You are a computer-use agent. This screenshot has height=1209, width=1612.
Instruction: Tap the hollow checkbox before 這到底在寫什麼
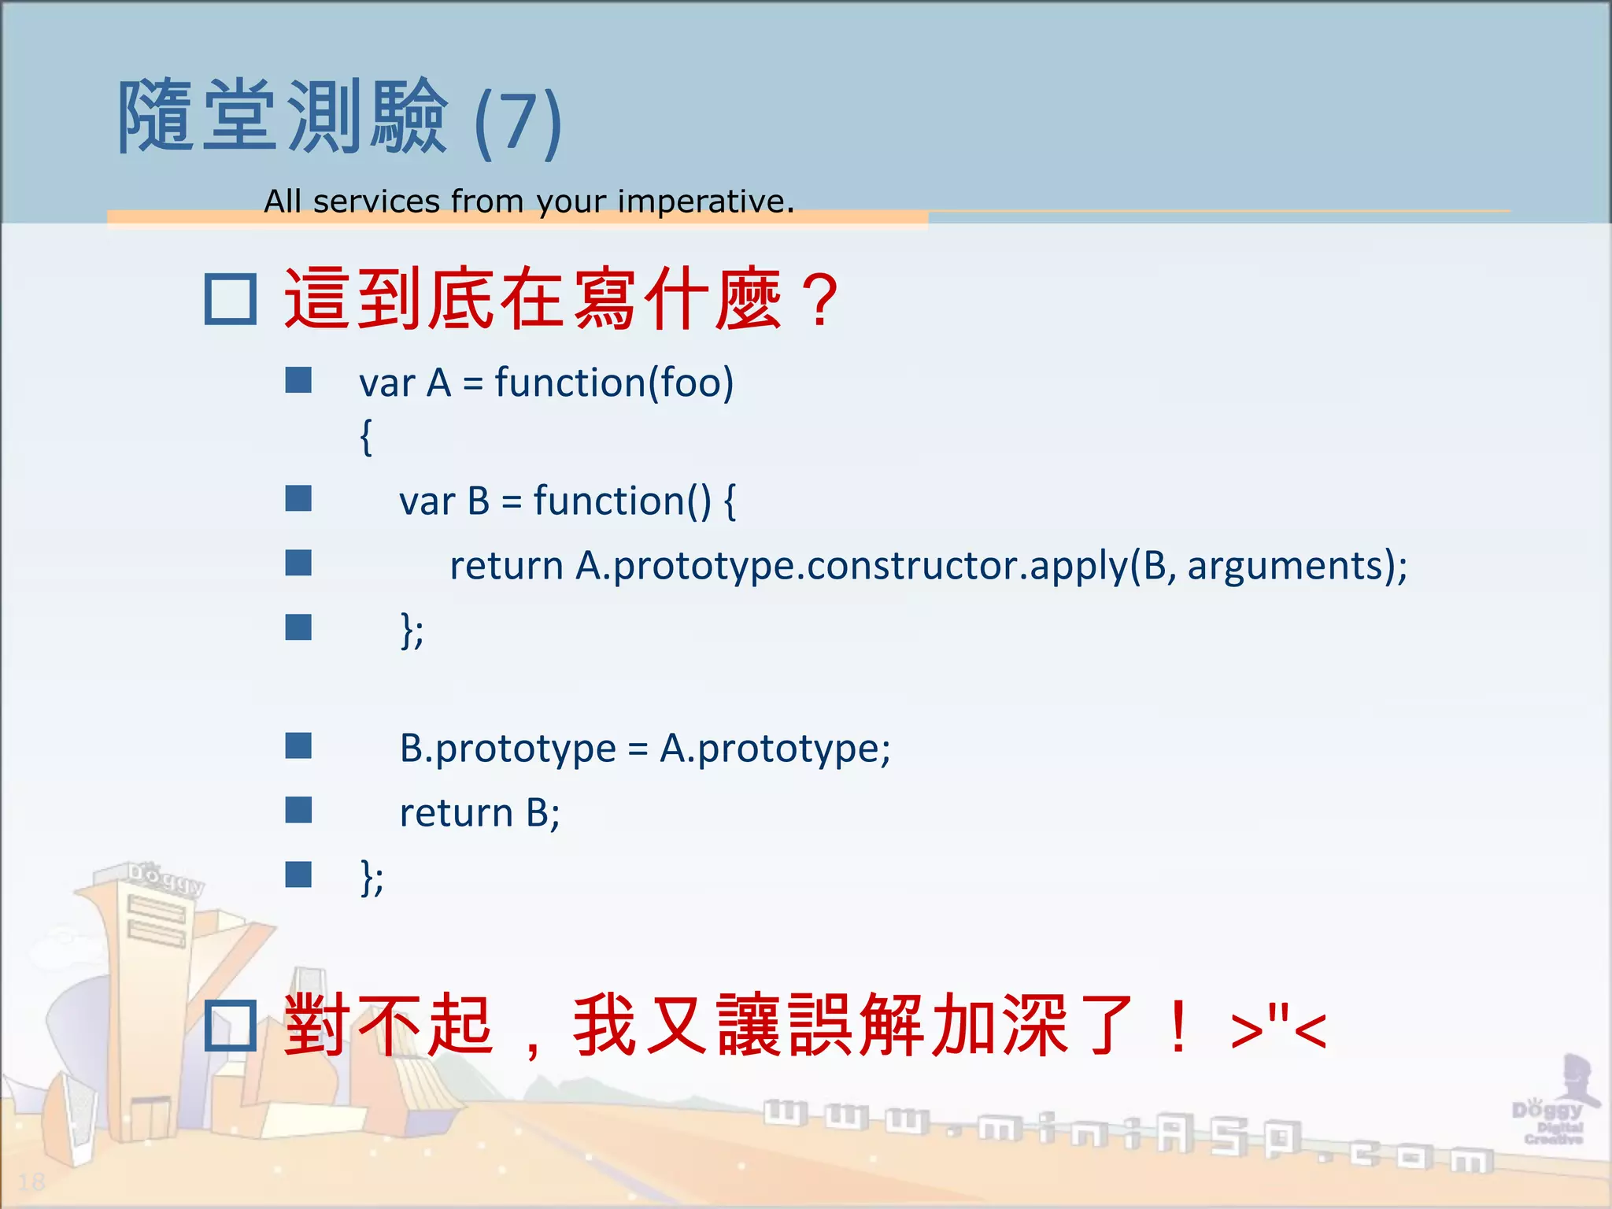point(230,299)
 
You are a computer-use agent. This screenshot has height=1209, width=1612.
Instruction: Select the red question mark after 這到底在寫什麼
point(820,300)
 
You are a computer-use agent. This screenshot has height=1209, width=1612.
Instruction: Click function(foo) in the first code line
point(614,383)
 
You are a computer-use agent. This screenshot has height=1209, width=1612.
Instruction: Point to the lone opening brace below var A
point(366,437)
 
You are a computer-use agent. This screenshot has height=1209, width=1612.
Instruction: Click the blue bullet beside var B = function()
point(298,498)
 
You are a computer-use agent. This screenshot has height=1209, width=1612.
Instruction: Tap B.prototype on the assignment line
point(507,749)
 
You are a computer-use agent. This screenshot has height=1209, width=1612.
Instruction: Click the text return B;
point(479,813)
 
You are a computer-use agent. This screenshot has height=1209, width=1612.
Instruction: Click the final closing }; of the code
point(372,878)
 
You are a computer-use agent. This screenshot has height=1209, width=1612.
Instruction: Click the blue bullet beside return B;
point(298,810)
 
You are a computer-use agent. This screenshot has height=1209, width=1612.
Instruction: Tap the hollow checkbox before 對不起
point(230,1026)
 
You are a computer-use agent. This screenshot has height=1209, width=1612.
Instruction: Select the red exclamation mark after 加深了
point(1178,1026)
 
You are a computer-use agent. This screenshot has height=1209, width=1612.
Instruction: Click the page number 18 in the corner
point(31,1181)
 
